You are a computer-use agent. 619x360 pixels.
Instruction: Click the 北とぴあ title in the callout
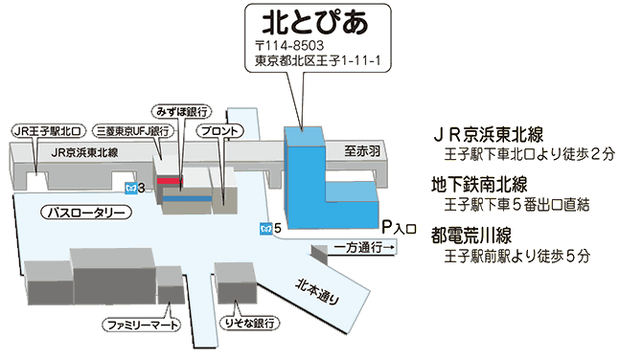315,22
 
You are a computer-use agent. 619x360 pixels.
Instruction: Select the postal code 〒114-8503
289,46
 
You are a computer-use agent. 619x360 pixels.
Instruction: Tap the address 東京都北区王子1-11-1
318,60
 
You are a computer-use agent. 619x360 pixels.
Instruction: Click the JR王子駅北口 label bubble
48,131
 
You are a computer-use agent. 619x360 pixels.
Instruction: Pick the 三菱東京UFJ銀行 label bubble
133,131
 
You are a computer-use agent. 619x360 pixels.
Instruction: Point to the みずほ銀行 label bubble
182,112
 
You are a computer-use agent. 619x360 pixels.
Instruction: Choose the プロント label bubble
219,131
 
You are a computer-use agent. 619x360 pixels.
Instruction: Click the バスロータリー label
86,213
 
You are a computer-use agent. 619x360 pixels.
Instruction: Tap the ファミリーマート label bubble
142,326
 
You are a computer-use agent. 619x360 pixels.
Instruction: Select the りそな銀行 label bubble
249,324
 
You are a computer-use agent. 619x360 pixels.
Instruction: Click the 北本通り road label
318,292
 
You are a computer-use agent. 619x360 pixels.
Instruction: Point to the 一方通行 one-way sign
363,248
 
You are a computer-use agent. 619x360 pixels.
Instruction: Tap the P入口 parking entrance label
399,228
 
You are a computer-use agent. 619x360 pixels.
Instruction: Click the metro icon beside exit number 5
265,229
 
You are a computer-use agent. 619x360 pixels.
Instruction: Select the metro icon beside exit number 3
131,188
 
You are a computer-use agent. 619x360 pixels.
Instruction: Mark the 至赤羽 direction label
362,151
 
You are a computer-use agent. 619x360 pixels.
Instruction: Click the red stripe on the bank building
171,181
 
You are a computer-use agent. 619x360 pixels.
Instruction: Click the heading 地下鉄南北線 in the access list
479,186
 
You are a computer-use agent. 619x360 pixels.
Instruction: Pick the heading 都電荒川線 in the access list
471,236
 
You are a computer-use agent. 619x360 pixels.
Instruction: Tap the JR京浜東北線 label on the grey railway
84,152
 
